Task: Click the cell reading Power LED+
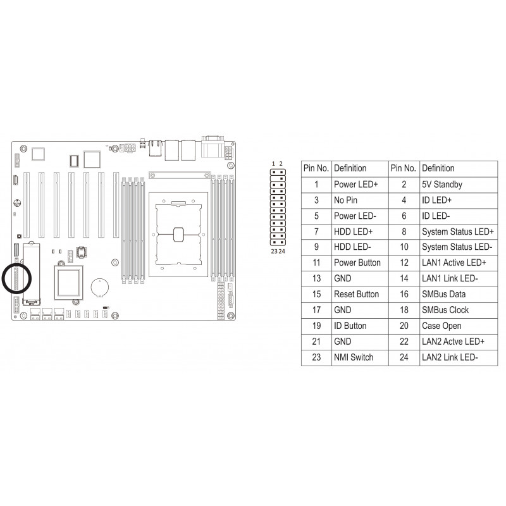pos(355,184)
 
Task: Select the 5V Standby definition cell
pos(441,184)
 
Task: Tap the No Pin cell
pos(345,200)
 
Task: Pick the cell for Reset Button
pos(356,294)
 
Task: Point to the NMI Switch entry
pos(354,357)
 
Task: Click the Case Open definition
pos(441,326)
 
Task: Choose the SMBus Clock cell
pos(445,310)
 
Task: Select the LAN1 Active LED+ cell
pos(454,262)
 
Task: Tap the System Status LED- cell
pos(457,247)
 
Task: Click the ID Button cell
pos(350,326)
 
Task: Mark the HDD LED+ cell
pos(353,231)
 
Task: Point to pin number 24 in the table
pos(404,357)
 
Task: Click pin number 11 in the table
pos(316,262)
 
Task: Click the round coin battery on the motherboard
pos(100,288)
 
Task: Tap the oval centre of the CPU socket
pos(178,235)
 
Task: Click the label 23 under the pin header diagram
pos(274,251)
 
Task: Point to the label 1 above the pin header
pos(273,164)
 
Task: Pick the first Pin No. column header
pos(316,168)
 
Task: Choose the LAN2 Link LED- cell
pos(450,357)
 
